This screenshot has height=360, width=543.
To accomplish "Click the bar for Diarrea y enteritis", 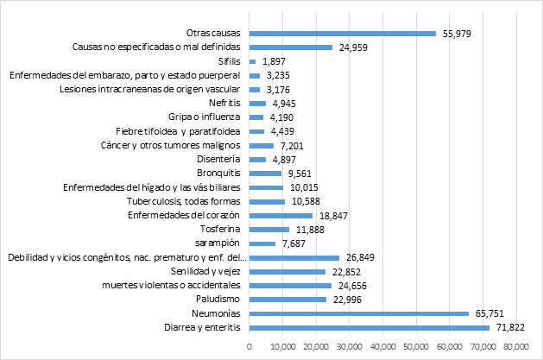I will [369, 328].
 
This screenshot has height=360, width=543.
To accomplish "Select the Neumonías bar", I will [358, 314].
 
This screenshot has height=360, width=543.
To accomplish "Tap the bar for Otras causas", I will [342, 34].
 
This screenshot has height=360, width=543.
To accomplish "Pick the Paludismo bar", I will [287, 300].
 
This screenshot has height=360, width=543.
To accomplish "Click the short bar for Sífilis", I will [252, 61].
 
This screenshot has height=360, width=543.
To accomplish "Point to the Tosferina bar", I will [268, 230].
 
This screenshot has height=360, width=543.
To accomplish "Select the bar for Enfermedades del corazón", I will [281, 215].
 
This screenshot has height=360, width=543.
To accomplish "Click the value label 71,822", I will [509, 328].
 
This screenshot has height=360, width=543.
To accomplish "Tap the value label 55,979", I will [457, 34].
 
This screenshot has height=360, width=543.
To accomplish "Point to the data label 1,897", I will [274, 61].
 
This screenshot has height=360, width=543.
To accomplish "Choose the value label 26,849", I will [360, 257].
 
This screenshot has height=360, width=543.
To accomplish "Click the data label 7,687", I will [294, 243].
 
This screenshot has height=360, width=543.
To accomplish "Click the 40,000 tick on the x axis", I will [382, 347].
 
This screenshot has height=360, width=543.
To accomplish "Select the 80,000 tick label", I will [515, 347].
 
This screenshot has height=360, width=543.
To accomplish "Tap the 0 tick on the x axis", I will [249, 347].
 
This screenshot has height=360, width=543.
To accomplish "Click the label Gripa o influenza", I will [205, 117].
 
